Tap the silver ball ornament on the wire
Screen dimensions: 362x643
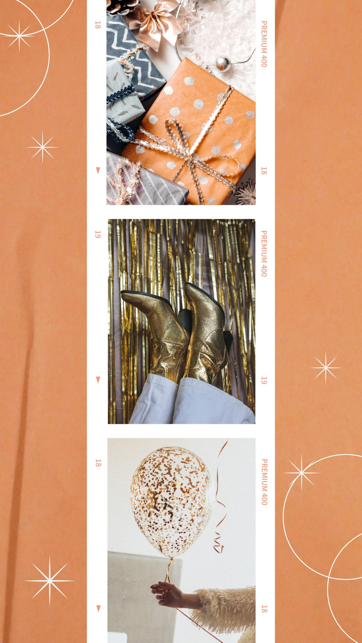click(223, 64)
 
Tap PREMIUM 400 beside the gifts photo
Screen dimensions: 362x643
click(264, 44)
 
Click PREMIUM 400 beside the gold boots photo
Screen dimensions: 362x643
click(264, 254)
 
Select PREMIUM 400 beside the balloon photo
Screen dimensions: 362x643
click(264, 482)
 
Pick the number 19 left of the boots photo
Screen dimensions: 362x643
click(98, 234)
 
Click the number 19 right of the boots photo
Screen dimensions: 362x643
click(264, 381)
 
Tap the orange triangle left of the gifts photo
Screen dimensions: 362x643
click(98, 170)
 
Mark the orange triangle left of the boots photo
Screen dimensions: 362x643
click(98, 380)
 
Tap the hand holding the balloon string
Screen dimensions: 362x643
click(167, 594)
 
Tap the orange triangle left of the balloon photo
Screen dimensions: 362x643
click(99, 608)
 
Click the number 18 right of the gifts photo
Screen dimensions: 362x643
click(264, 171)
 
